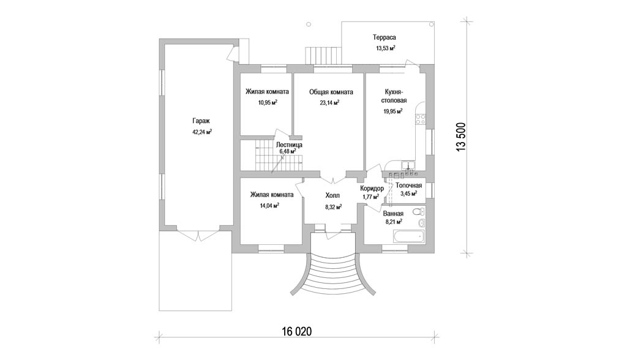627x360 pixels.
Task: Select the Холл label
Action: [x=333, y=196]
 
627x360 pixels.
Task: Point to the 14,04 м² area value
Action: [x=269, y=206]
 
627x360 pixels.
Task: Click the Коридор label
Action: [x=372, y=189]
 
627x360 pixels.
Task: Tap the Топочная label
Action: [x=408, y=185]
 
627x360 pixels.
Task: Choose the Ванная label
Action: [x=393, y=214]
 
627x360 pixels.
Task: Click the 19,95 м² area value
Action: [x=392, y=111]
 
